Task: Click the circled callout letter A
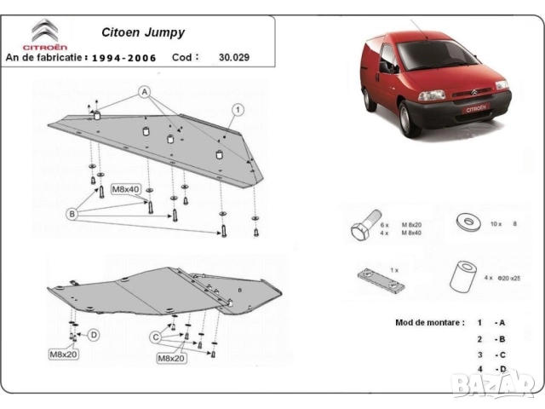[146, 91]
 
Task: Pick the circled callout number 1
[238, 108]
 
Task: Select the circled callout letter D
[94, 334]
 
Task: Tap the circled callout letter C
[156, 337]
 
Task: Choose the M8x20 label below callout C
[171, 359]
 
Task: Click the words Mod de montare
[430, 323]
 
